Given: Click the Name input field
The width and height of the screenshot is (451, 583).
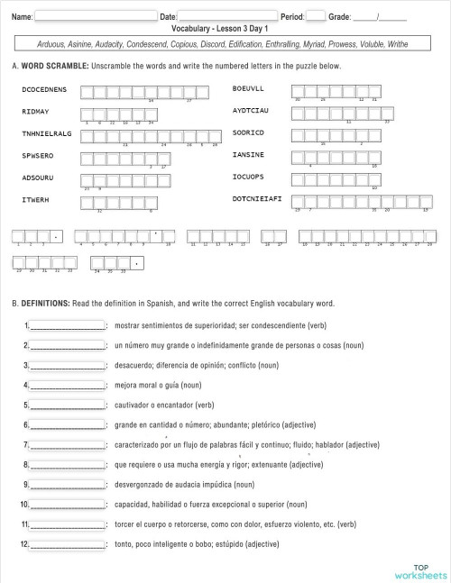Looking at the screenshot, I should point(96,16).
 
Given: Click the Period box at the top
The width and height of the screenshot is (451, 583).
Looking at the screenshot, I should point(316,16).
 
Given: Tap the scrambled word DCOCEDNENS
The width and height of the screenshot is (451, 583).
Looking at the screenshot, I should point(42,89).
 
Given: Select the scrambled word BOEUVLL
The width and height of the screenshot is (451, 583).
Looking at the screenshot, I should point(248,89).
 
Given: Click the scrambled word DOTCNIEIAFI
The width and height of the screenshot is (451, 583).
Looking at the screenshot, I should point(257,198).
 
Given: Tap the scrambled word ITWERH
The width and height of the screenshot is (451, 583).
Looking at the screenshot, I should point(35,198).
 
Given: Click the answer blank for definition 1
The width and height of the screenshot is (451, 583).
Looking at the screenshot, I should point(68,325).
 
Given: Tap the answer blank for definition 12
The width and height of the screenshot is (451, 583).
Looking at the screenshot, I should point(68,544).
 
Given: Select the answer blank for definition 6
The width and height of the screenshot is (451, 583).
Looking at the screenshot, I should point(68,424).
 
